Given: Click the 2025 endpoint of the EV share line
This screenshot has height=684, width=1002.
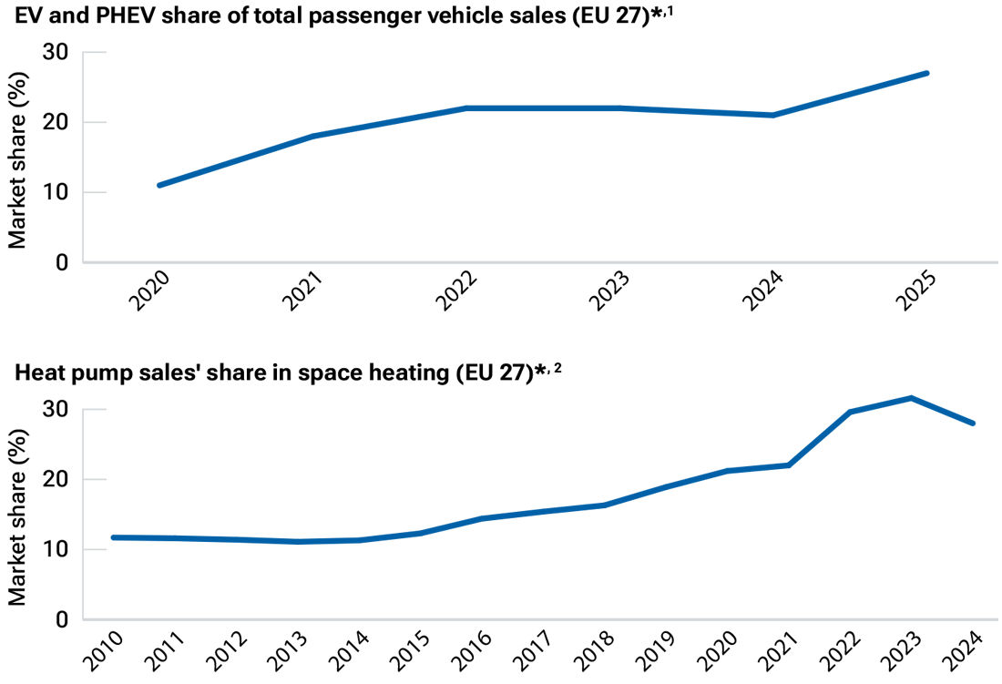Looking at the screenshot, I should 926,73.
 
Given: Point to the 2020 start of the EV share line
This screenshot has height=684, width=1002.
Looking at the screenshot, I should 159,185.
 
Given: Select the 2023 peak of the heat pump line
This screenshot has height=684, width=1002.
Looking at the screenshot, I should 911,398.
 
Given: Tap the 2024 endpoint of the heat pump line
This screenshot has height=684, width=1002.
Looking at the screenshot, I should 973,424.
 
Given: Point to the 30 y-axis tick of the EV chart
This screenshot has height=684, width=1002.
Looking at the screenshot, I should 56,52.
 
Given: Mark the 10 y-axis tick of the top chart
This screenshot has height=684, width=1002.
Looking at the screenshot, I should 56,192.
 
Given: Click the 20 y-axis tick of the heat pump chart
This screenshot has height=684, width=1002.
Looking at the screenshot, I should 56,479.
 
